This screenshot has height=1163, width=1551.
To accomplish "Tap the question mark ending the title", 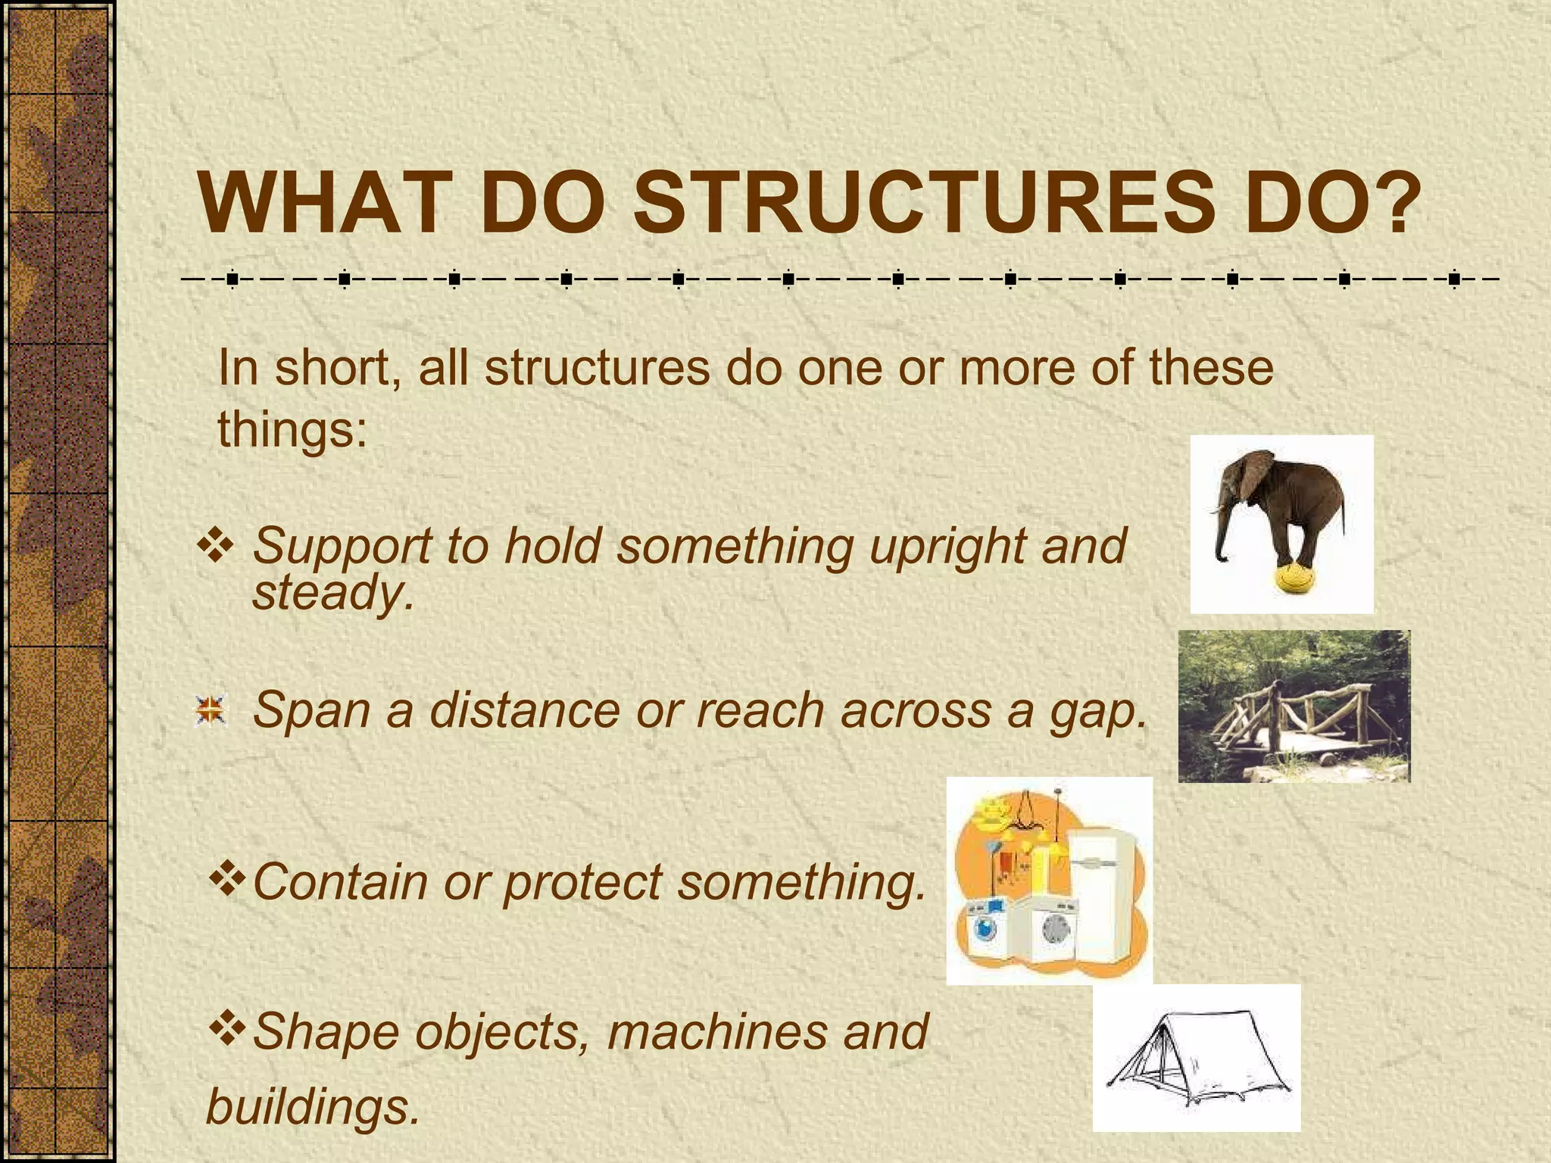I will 1394,204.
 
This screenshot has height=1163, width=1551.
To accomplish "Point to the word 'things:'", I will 292,430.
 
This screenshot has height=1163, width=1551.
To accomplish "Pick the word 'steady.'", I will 333,593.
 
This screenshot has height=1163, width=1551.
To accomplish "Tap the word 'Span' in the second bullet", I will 311,712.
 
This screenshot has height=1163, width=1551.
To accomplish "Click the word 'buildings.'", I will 312,1107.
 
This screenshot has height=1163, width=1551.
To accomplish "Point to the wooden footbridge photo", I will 1294,706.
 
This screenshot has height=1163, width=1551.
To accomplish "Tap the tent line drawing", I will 1197,1058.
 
